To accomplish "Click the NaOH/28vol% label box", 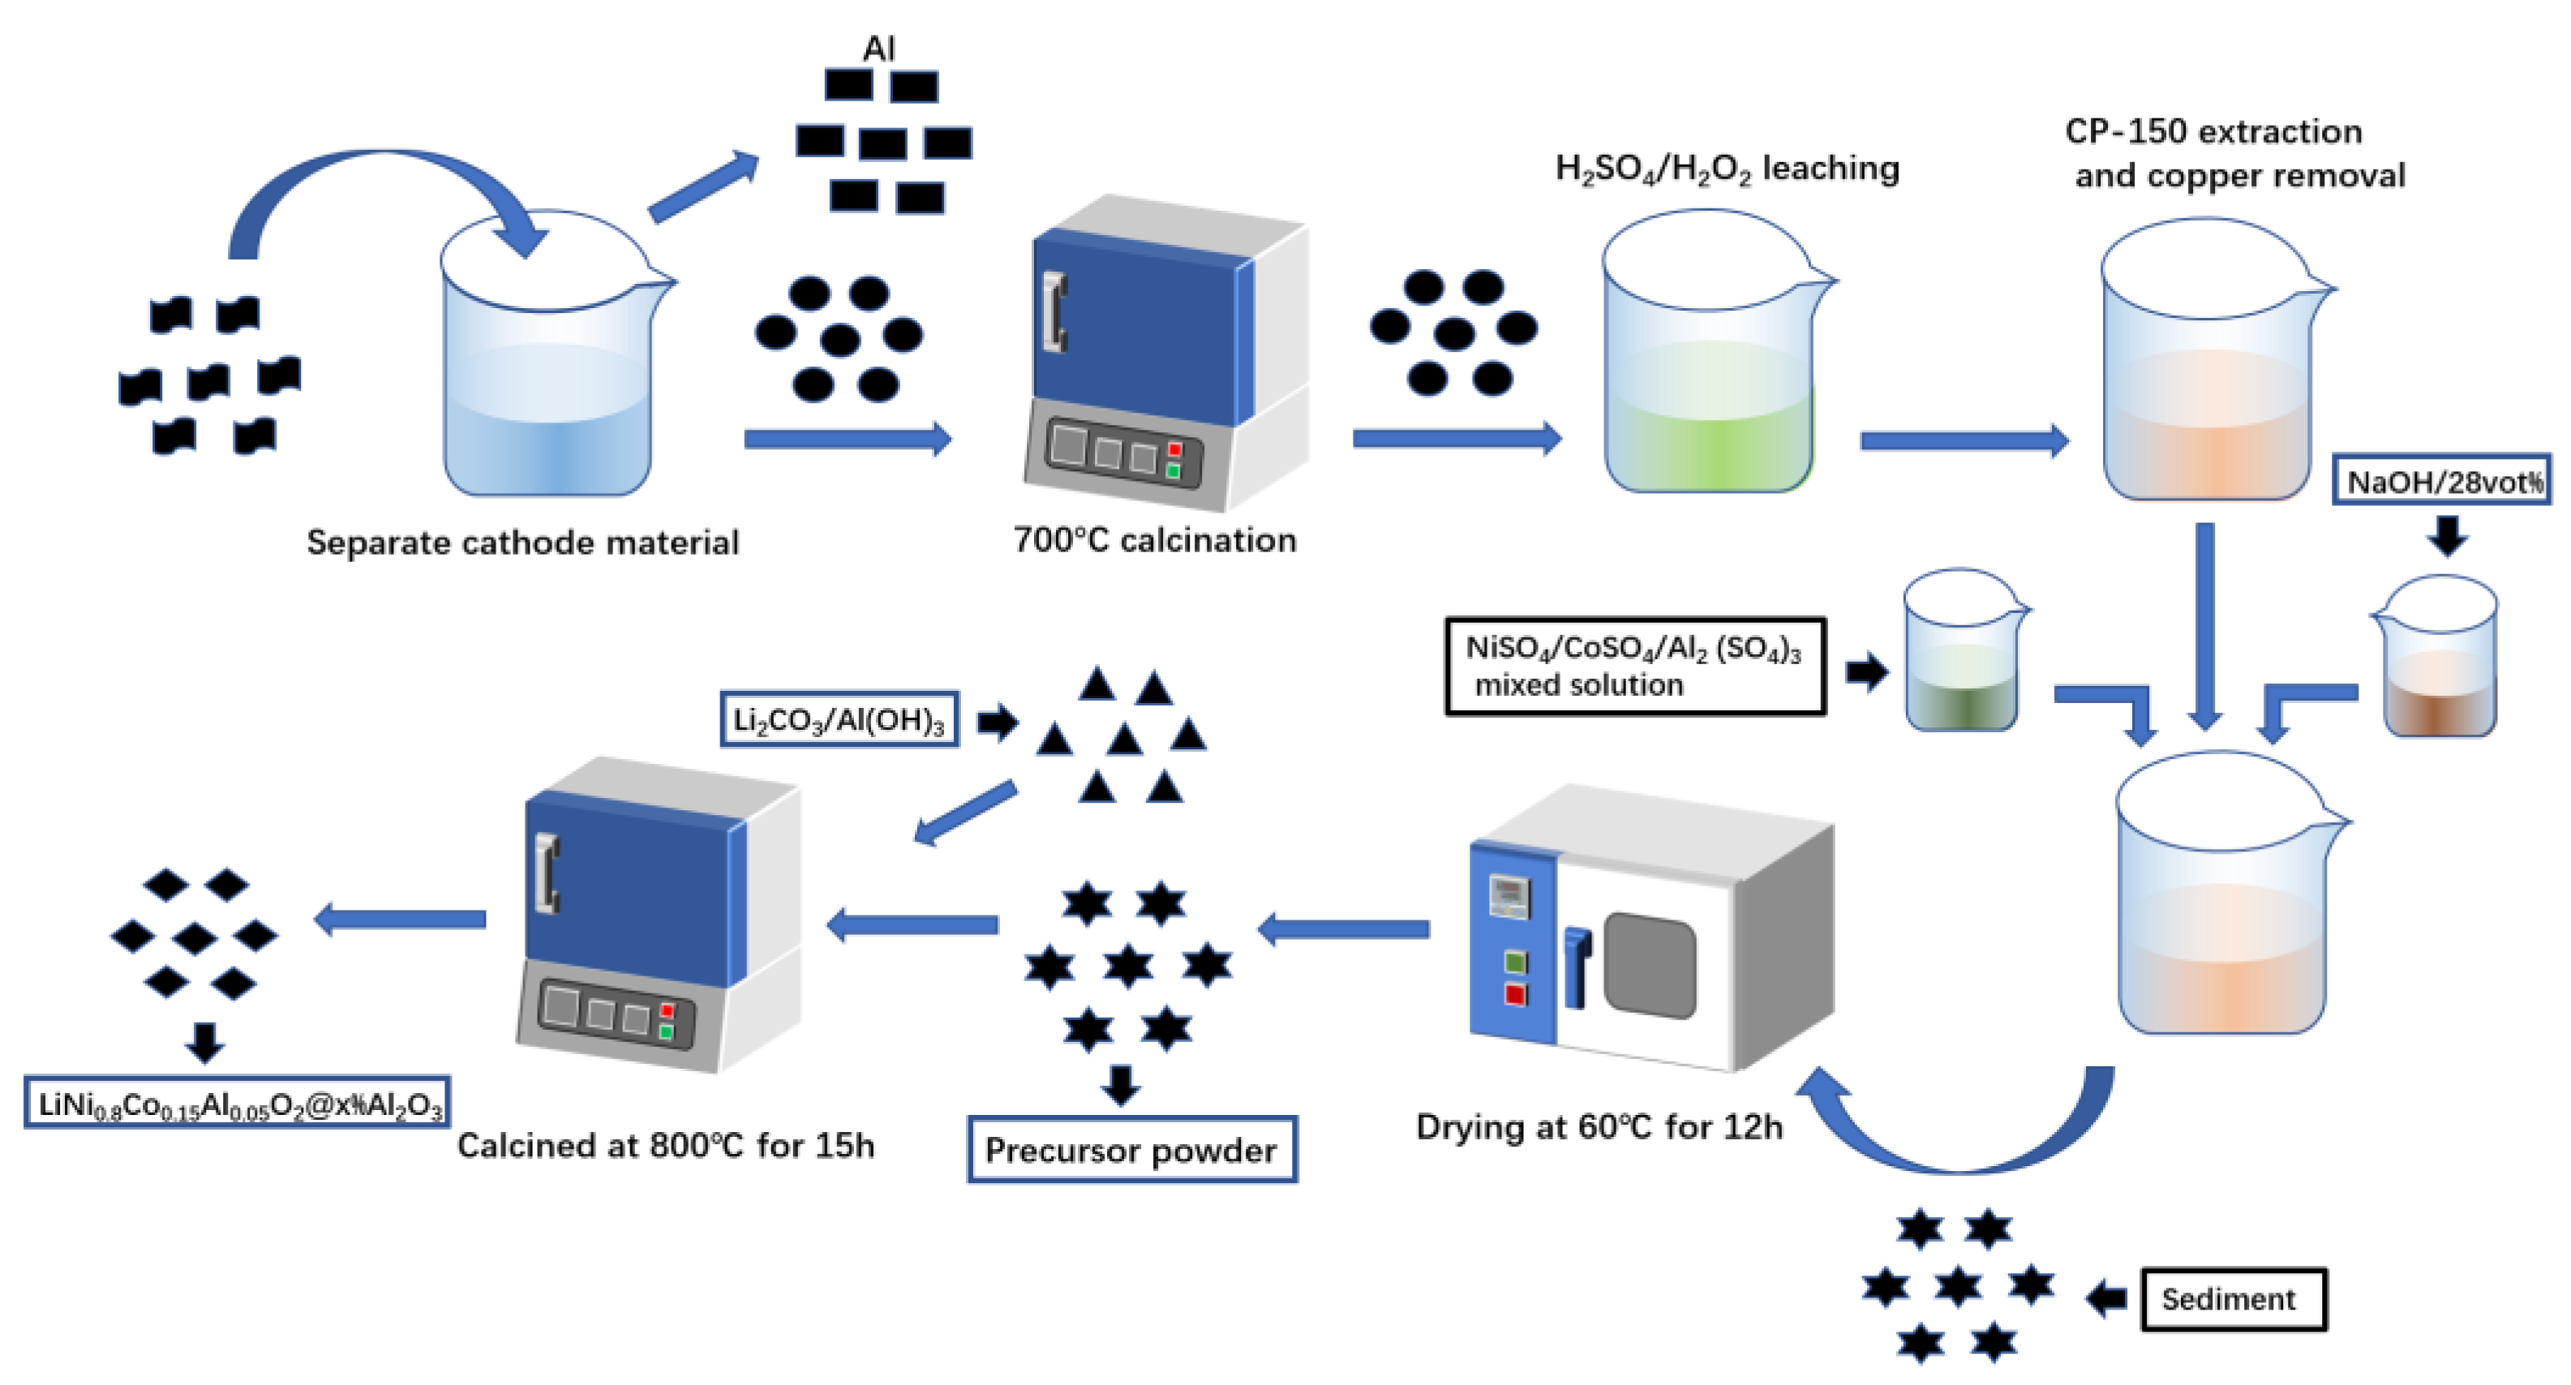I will point(2441,481).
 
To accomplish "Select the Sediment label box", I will point(2233,1299).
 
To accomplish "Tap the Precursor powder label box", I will point(1131,1150).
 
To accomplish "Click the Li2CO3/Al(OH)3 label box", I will point(839,719).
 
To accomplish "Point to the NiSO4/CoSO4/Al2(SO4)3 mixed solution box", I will point(1635,666).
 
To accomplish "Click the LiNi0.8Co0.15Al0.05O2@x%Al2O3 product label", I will point(238,1104).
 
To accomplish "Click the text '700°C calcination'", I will point(1155,540).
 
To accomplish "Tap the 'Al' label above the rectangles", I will point(879,48).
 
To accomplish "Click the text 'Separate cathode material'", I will point(522,542).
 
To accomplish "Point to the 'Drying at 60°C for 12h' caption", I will point(1599,1126).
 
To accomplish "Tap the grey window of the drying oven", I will point(1650,965).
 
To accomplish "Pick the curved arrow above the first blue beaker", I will point(380,190).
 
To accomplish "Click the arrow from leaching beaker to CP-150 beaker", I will point(1964,440).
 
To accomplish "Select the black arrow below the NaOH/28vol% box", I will point(2447,534).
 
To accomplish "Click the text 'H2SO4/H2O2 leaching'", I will point(1727,169).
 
